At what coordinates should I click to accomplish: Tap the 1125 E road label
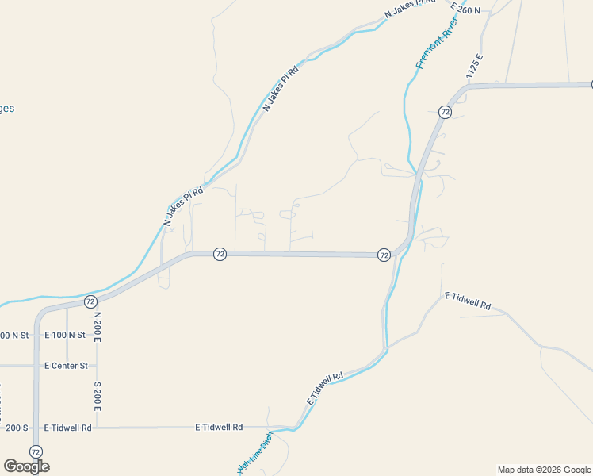(475, 65)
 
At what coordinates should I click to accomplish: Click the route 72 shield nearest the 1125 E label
(445, 113)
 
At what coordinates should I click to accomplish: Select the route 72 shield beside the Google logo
(36, 451)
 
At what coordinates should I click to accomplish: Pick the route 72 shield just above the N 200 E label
(90, 301)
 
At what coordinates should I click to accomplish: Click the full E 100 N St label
(65, 336)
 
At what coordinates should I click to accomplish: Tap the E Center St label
(66, 366)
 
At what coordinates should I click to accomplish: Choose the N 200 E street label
(98, 327)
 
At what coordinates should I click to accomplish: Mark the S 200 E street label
(98, 395)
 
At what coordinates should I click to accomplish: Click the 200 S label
(16, 428)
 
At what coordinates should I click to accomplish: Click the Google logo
(26, 466)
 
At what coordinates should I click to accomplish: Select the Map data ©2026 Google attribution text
(544, 470)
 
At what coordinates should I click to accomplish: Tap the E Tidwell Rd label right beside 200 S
(68, 428)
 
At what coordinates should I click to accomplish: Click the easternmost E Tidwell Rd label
(468, 301)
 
